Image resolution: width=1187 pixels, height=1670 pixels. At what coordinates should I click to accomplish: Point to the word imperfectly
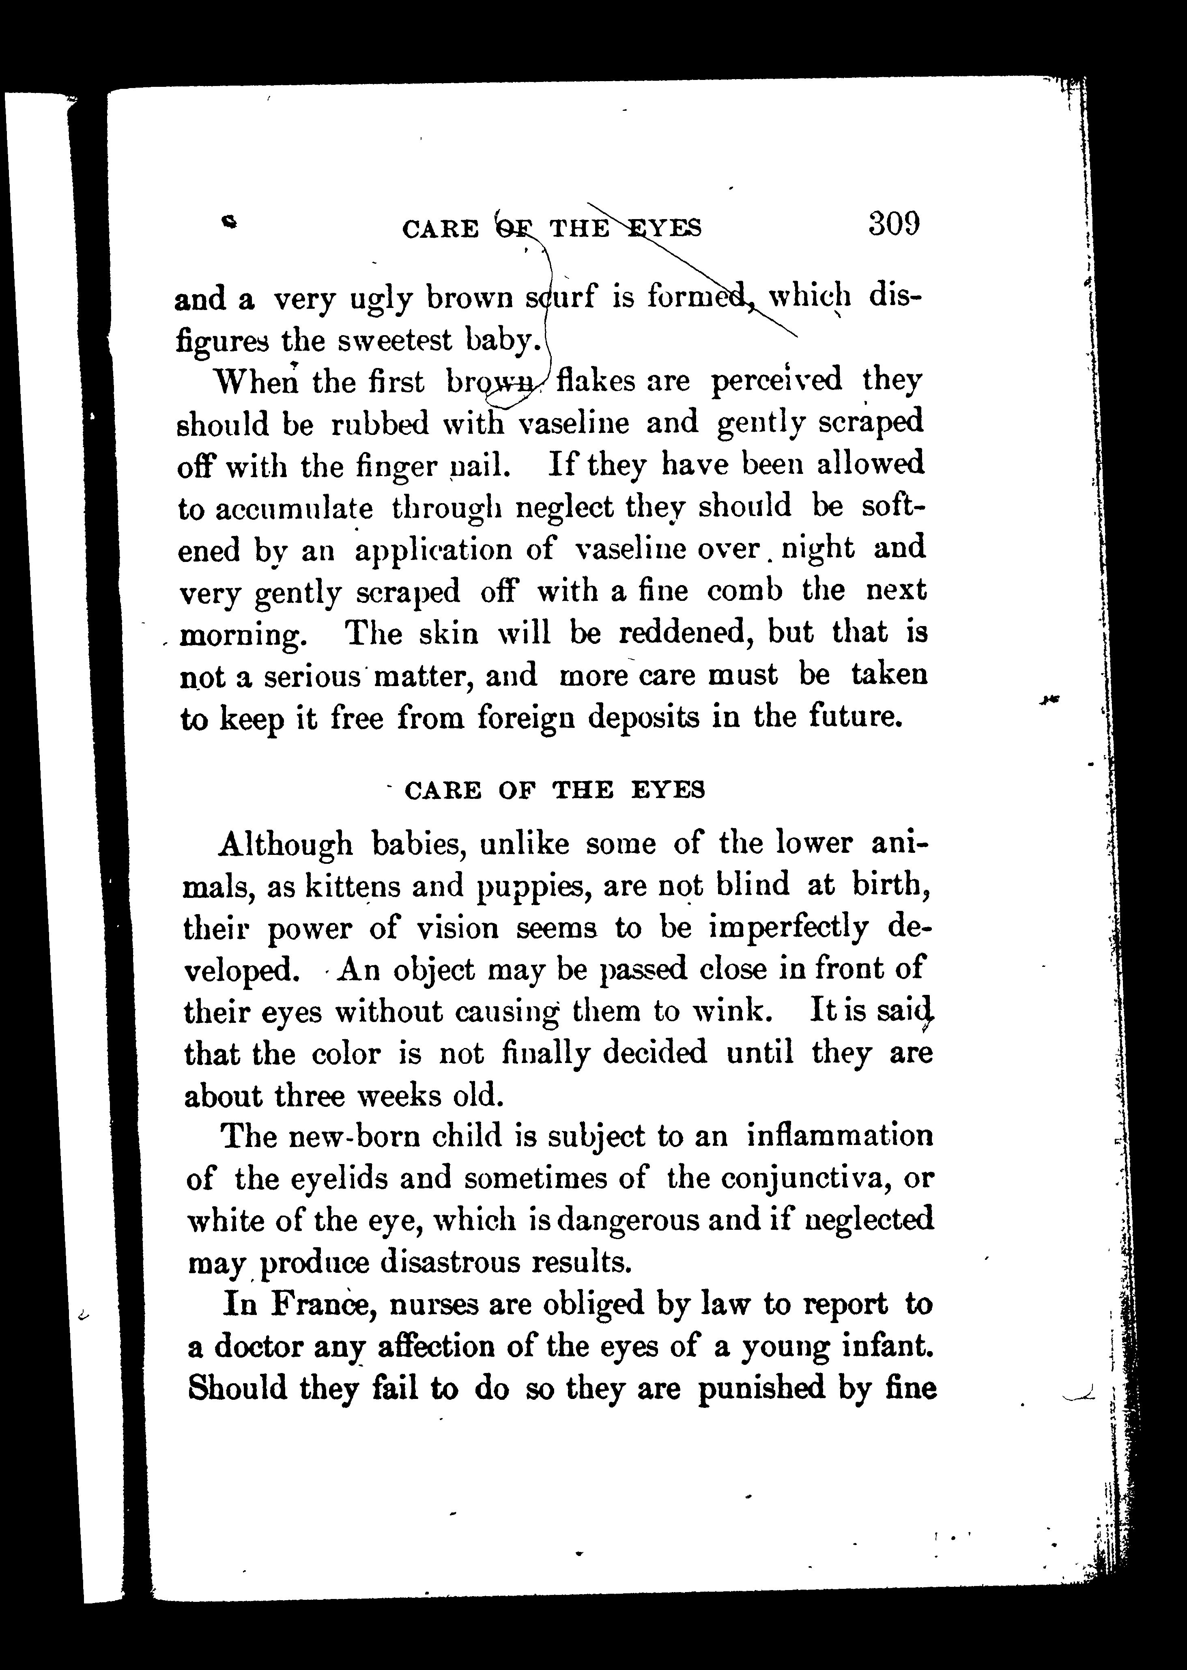pos(789,929)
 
